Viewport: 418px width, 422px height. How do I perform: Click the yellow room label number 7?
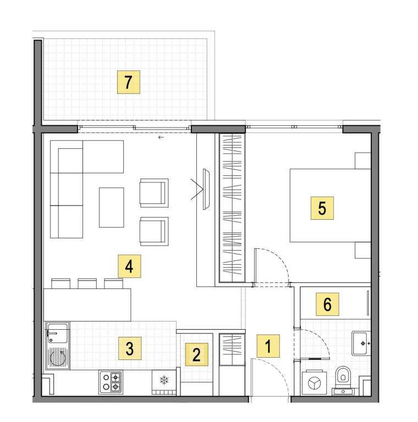click(129, 82)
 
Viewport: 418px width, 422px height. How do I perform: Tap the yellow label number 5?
click(322, 208)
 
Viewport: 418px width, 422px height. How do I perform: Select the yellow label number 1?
click(268, 346)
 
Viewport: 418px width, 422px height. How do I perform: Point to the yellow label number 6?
click(327, 304)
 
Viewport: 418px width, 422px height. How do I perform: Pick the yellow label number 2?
click(196, 354)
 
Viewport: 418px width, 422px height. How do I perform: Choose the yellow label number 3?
click(130, 348)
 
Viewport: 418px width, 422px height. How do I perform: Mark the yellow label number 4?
click(129, 266)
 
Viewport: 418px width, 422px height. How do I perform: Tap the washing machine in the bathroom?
click(314, 383)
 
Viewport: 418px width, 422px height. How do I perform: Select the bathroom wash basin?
click(361, 343)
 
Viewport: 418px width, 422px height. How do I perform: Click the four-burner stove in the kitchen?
click(111, 382)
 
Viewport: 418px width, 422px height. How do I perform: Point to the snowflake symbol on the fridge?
click(164, 380)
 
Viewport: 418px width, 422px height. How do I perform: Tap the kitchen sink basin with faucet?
click(57, 333)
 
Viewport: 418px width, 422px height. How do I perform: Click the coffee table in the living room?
click(112, 208)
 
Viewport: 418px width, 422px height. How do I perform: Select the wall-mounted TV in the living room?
click(206, 189)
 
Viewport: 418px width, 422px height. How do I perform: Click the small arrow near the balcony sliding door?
click(161, 137)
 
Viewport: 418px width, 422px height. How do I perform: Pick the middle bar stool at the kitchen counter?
click(87, 284)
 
